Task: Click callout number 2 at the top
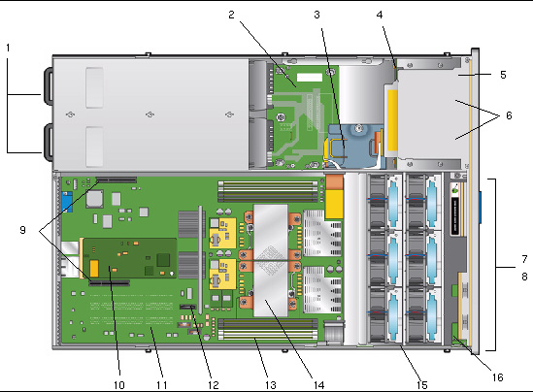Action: [x=231, y=15]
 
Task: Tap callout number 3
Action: [x=316, y=15]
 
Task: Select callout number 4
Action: [x=380, y=15]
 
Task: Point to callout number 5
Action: [x=503, y=75]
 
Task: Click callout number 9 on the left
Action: [x=22, y=230]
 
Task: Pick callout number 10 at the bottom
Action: [x=119, y=385]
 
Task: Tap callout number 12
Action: [x=214, y=385]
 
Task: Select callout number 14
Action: [x=318, y=385]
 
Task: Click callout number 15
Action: [x=422, y=385]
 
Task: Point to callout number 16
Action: [x=498, y=377]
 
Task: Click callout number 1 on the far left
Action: [x=8, y=48]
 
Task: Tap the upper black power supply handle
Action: [x=48, y=85]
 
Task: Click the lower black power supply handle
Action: [x=48, y=142]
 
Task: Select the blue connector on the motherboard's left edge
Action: [x=67, y=202]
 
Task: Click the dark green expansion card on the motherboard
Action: [x=130, y=258]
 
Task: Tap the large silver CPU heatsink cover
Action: [x=271, y=260]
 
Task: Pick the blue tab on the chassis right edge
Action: [x=481, y=208]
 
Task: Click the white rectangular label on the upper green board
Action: [x=310, y=78]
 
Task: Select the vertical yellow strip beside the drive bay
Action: [x=392, y=120]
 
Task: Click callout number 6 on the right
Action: [x=509, y=115]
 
